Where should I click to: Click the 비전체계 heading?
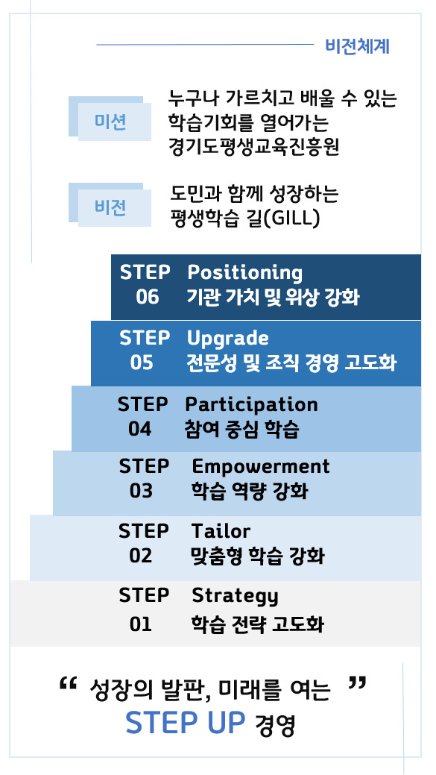click(357, 46)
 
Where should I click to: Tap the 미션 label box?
click(110, 122)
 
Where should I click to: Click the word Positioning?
click(244, 272)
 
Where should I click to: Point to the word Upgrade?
click(227, 338)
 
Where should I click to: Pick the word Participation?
click(251, 404)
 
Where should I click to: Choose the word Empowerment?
click(260, 466)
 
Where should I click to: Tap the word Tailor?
click(221, 531)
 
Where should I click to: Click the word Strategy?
click(235, 596)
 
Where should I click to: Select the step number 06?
click(148, 298)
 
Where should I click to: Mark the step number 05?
click(142, 363)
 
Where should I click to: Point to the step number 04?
click(139, 429)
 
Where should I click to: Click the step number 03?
click(141, 492)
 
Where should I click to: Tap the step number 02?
click(140, 556)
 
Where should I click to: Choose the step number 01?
click(140, 624)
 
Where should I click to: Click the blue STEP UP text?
click(186, 723)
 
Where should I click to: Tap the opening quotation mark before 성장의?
click(68, 684)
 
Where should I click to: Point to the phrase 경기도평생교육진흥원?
click(254, 147)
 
